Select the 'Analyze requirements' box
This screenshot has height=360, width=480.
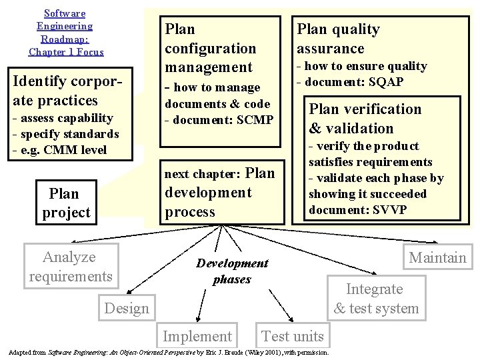[x=71, y=267]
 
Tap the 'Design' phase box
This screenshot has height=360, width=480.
[x=127, y=308]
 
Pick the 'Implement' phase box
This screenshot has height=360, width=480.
[x=198, y=336]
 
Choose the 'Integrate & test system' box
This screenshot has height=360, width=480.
[x=376, y=298]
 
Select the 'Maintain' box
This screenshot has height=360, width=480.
[x=437, y=258]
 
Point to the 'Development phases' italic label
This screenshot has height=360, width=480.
[x=232, y=271]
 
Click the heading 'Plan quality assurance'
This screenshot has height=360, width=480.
[x=338, y=39]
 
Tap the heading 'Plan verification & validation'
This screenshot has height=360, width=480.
[x=365, y=119]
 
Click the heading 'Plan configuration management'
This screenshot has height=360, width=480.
[x=210, y=48]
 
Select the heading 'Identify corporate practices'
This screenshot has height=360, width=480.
[x=69, y=91]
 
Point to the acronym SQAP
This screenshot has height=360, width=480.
[x=385, y=82]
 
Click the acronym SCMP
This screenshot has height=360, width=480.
[x=251, y=120]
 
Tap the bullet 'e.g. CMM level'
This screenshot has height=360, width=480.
[x=63, y=149]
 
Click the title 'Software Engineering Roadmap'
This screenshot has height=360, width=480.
[x=65, y=33]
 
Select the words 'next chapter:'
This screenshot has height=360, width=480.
[x=202, y=174]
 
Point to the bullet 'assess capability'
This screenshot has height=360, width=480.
[x=67, y=118]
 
